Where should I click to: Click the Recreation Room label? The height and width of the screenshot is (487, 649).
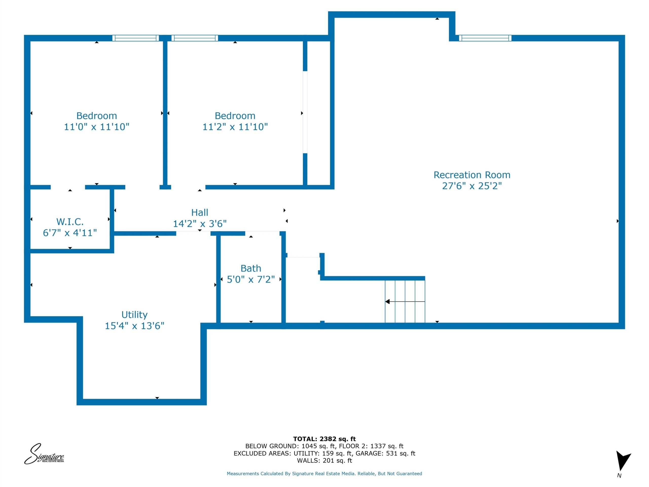[472, 175]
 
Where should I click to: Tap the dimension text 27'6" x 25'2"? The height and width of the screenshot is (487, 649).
[472, 186]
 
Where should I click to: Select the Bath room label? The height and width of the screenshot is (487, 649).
[251, 268]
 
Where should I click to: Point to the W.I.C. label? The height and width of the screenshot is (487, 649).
[70, 221]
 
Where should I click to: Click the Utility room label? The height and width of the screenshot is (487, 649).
[134, 315]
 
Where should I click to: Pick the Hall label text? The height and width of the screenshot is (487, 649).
[200, 213]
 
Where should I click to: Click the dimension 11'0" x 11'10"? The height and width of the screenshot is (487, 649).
[97, 127]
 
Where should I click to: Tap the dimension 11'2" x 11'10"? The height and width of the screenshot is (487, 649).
[235, 127]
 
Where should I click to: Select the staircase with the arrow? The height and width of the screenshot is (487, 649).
[405, 302]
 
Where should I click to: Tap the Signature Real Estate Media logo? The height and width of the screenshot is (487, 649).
[44, 454]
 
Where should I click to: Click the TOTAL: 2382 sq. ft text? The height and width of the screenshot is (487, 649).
[324, 439]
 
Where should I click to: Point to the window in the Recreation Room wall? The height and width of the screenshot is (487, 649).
[485, 38]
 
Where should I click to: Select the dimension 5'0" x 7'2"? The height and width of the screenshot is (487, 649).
[251, 279]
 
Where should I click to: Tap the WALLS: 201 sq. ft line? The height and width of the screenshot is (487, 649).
[324, 461]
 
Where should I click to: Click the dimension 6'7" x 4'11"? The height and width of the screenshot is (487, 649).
[70, 233]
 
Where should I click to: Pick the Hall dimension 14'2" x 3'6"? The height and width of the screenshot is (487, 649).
[200, 224]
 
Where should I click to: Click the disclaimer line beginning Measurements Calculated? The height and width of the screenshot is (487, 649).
[324, 474]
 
